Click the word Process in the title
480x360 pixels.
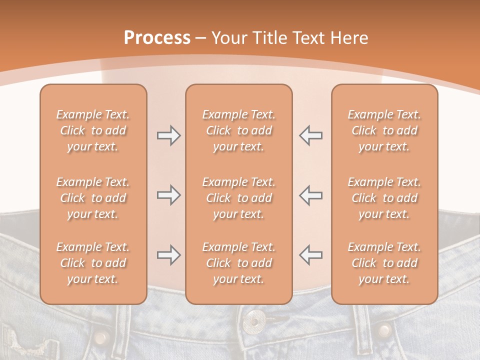pyautogui.click(x=157, y=38)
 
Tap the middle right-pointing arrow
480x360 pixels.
pyautogui.click(x=168, y=195)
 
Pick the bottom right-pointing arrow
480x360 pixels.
pyautogui.click(x=168, y=255)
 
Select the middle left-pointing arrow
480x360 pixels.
pyautogui.click(x=311, y=195)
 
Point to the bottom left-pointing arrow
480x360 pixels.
pyautogui.click(x=311, y=255)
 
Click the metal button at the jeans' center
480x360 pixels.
pyautogui.click(x=255, y=319)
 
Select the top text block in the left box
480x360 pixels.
pyautogui.click(x=93, y=130)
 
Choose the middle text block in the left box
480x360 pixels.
pyautogui.click(x=93, y=198)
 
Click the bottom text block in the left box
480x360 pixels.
pyautogui.click(x=93, y=263)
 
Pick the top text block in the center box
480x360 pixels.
pyautogui.click(x=239, y=130)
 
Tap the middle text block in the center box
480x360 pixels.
pyautogui.click(x=239, y=198)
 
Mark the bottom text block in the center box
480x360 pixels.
pyautogui.click(x=239, y=263)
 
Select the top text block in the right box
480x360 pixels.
pyautogui.click(x=384, y=130)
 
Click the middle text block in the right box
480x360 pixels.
pyautogui.click(x=384, y=198)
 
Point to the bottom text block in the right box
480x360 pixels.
pyautogui.click(x=384, y=263)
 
